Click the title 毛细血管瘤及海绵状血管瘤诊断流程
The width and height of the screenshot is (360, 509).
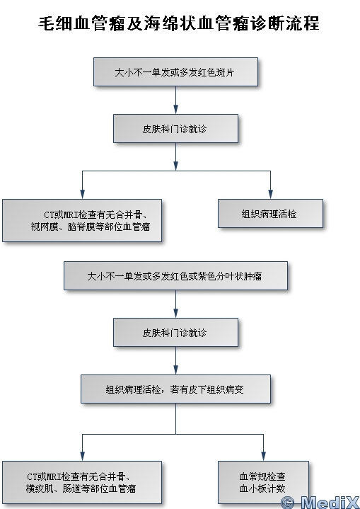(x=179, y=23)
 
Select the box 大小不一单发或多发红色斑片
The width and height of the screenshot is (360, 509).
(x=176, y=72)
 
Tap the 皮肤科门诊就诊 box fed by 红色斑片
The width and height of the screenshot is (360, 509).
(x=176, y=129)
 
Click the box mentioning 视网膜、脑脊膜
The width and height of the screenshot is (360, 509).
(x=82, y=220)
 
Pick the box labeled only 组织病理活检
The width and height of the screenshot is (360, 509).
(x=270, y=214)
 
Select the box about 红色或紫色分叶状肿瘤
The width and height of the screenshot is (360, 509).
(x=176, y=276)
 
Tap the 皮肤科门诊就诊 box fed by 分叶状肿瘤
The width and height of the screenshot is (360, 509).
(x=176, y=333)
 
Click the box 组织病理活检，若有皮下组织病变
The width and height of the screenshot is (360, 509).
(x=176, y=389)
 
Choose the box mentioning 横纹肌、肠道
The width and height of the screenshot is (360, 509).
(x=82, y=482)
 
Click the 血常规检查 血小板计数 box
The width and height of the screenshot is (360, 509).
(x=263, y=482)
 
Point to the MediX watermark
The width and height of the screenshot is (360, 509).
(x=320, y=503)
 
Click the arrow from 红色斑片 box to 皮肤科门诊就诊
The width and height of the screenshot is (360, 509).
(x=176, y=100)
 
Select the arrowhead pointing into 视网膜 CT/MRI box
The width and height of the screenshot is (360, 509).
(x=82, y=194)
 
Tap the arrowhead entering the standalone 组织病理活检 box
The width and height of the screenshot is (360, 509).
(x=270, y=194)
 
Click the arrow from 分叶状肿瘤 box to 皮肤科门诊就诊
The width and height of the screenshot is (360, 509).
(x=176, y=304)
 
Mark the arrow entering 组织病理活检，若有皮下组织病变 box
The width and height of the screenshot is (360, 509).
(x=176, y=360)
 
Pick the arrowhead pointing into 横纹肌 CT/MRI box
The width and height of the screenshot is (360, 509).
(x=82, y=456)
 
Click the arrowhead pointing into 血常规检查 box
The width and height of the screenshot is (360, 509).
(x=263, y=456)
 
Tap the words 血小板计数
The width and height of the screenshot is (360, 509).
(x=262, y=488)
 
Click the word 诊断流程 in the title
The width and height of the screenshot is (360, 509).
(x=285, y=23)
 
